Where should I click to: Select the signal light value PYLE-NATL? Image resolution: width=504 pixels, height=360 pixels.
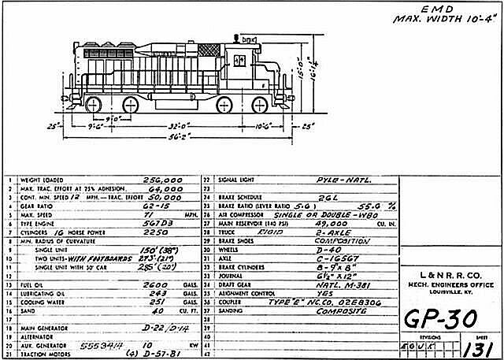click(x=342, y=180)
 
